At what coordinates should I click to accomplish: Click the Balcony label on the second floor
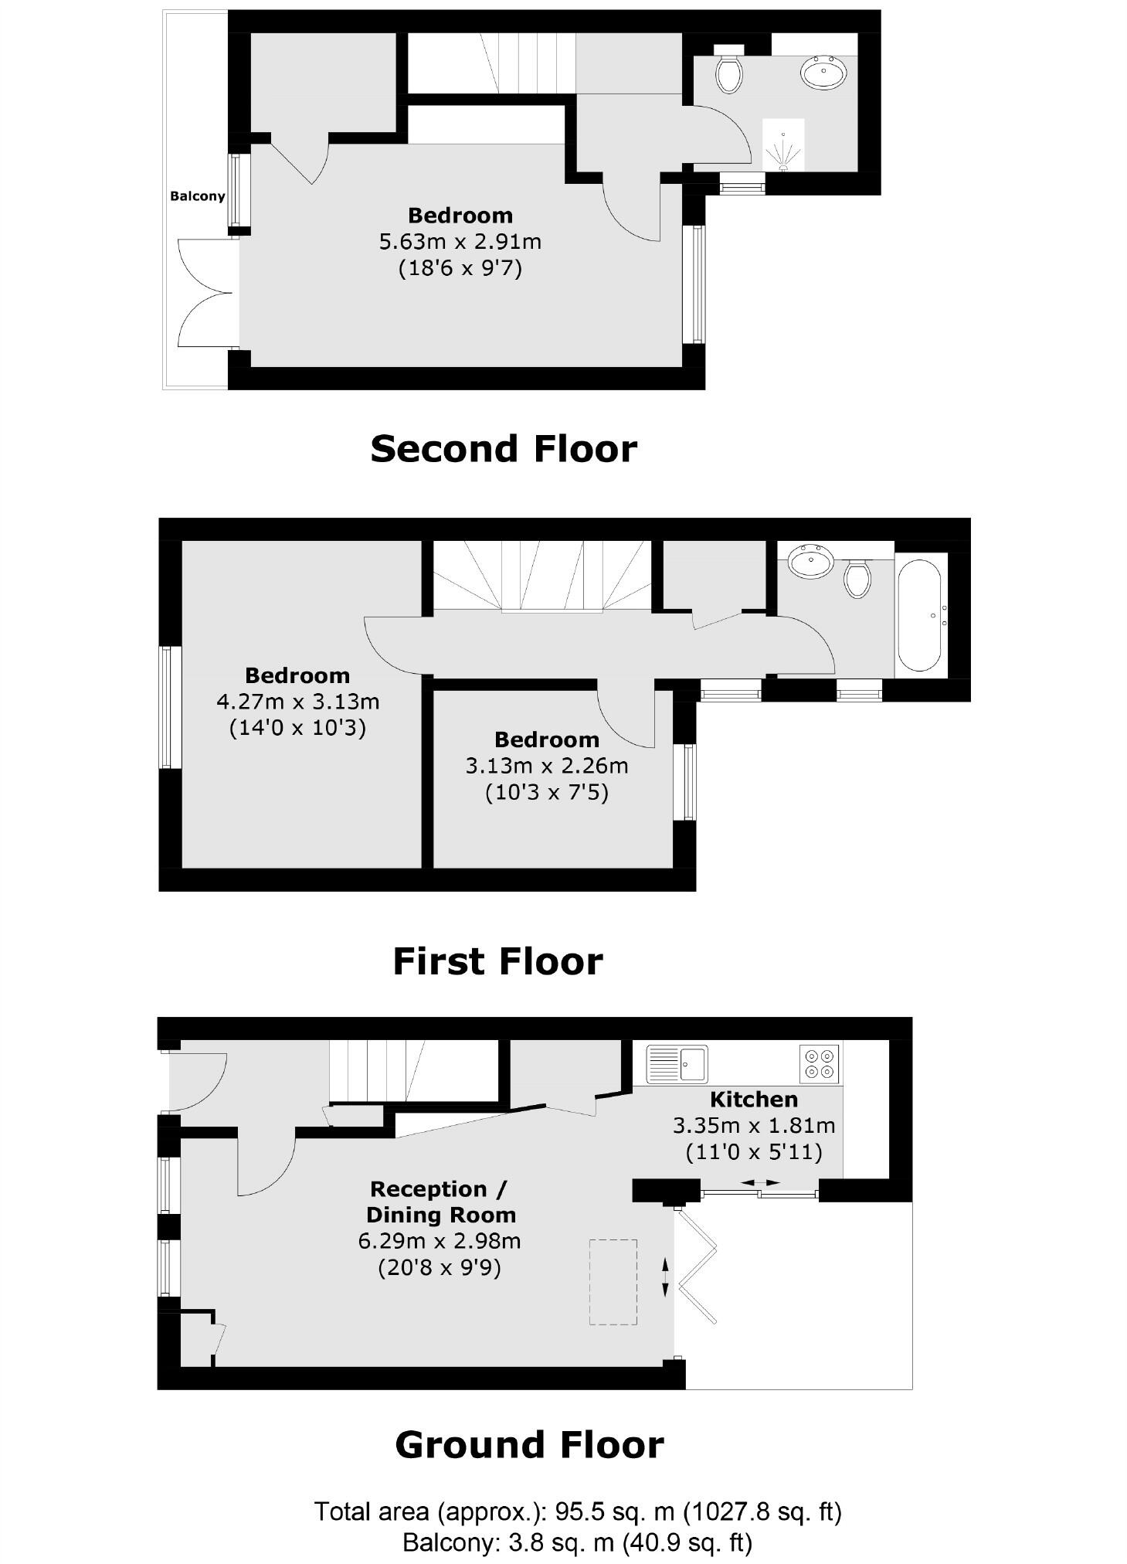click(197, 196)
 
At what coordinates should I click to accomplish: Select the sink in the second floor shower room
click(823, 73)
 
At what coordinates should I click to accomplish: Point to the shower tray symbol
click(783, 144)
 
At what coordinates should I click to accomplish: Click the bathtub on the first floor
click(918, 616)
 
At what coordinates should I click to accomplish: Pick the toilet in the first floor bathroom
click(857, 577)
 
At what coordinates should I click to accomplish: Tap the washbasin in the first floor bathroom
click(810, 561)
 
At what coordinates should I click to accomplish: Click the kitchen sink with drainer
click(677, 1063)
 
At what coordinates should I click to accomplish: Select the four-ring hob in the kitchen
click(819, 1063)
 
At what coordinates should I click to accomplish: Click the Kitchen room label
click(753, 1099)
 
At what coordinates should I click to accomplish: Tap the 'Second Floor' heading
click(504, 449)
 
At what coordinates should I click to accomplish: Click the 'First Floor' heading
click(497, 961)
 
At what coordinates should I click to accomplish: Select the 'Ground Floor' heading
click(529, 1444)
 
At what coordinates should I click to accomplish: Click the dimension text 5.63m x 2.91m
click(460, 242)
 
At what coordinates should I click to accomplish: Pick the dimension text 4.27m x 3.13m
click(297, 702)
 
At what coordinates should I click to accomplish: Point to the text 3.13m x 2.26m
click(546, 766)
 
